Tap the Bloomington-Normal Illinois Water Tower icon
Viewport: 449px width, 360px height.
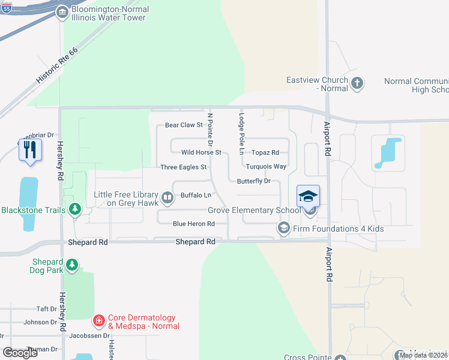[x=62, y=13]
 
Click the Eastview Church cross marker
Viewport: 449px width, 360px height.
[x=357, y=83]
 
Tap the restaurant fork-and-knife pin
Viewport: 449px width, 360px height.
[x=30, y=150]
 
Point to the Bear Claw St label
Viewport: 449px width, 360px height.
[x=184, y=125]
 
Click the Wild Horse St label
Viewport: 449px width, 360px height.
[x=202, y=152]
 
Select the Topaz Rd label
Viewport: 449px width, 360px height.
[x=265, y=152]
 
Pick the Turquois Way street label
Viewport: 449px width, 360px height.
[x=266, y=166]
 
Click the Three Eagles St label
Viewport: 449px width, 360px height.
[x=184, y=167]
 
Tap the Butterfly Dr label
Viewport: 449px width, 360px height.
[x=254, y=181]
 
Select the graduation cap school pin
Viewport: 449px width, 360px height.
[x=309, y=196]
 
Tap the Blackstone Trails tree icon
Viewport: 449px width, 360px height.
[x=75, y=209]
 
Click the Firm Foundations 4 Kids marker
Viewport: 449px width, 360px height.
[x=283, y=229]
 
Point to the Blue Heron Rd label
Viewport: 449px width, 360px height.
[x=193, y=224]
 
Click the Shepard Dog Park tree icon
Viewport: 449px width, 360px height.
[x=71, y=265]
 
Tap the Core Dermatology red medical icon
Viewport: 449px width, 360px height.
[x=99, y=322]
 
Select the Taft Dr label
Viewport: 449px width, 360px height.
[x=46, y=308]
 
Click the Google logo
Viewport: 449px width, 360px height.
[x=20, y=353]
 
